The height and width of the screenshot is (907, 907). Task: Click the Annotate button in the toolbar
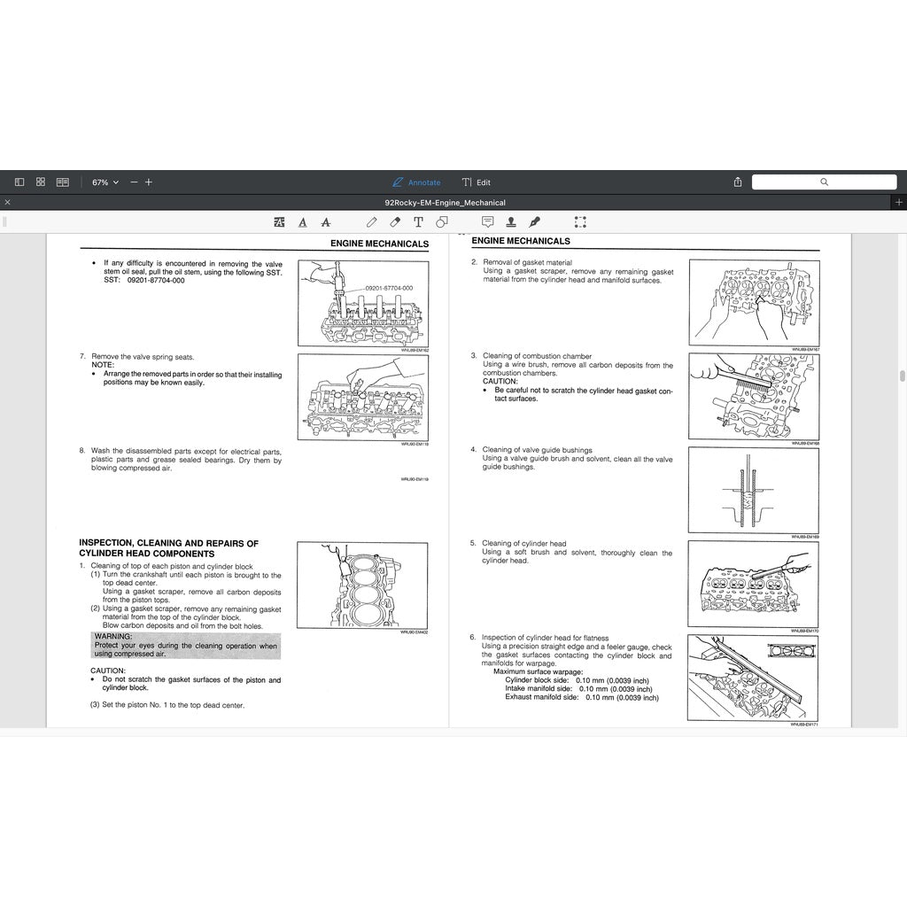pyautogui.click(x=416, y=182)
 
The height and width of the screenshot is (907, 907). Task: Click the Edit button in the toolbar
pyautogui.click(x=477, y=182)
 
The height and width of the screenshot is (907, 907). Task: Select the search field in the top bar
pyautogui.click(x=823, y=182)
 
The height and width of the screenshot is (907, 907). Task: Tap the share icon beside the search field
pyautogui.click(x=738, y=182)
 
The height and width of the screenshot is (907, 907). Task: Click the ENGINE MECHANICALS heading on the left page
pyautogui.click(x=379, y=244)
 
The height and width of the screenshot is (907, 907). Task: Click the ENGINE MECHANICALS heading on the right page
pyautogui.click(x=521, y=241)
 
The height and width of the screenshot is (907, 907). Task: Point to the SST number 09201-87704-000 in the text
pyautogui.click(x=156, y=281)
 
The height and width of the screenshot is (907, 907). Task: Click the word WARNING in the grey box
pyautogui.click(x=113, y=636)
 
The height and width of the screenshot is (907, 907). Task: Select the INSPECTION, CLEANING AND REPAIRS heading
pyautogui.click(x=168, y=548)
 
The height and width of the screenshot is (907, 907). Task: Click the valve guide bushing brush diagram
pyautogui.click(x=754, y=490)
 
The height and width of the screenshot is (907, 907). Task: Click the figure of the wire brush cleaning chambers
pyautogui.click(x=754, y=396)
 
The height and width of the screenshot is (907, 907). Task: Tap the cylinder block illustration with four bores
pyautogui.click(x=362, y=585)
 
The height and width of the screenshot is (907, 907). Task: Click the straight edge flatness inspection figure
pyautogui.click(x=754, y=678)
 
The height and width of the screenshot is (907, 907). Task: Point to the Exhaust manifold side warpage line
pyautogui.click(x=582, y=697)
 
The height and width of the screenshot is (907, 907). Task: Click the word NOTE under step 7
pyautogui.click(x=103, y=365)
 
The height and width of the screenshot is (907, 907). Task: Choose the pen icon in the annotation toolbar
pyautogui.click(x=534, y=222)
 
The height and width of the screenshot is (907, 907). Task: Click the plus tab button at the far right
pyautogui.click(x=899, y=203)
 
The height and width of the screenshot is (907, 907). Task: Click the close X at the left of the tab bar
pyautogui.click(x=7, y=203)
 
